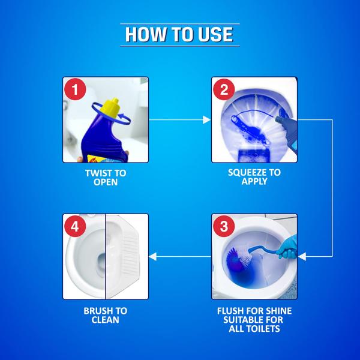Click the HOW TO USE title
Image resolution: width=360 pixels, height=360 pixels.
tap(179, 34)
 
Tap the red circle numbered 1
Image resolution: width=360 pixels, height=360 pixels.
tap(76, 91)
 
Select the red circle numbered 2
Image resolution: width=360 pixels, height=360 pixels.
tap(224, 91)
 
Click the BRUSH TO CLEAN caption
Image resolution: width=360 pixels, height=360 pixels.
tap(105, 316)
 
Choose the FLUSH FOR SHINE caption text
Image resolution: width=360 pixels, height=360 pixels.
tap(254, 311)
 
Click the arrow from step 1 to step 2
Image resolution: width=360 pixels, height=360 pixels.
tap(179, 120)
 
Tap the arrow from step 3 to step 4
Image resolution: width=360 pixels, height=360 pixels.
tap(179, 256)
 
